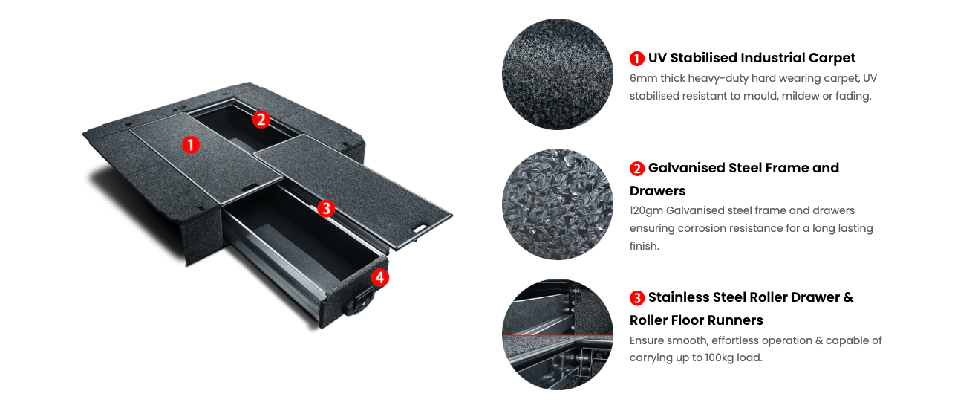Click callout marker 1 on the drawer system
(191, 145)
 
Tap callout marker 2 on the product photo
(261, 119)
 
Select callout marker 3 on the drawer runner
(326, 208)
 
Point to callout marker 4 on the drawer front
(380, 277)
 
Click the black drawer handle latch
(361, 301)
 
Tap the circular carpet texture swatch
(558, 74)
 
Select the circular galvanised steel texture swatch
(558, 204)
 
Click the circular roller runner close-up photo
(558, 334)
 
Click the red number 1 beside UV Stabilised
(637, 59)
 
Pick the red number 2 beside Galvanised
(637, 169)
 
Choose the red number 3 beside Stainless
(637, 298)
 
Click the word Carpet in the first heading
(832, 58)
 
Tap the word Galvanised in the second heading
(686, 168)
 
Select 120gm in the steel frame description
(646, 211)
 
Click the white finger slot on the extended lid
(420, 228)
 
